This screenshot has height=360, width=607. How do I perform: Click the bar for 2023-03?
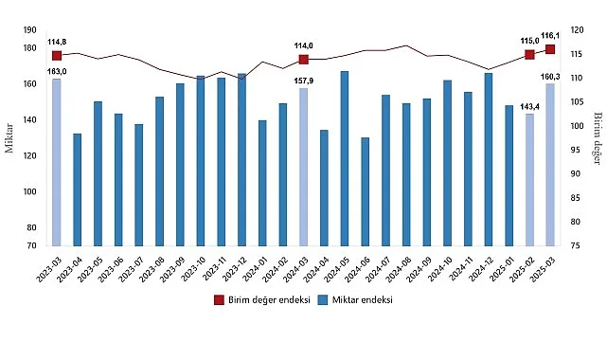point(57,162)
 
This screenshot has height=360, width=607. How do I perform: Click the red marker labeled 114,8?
point(57,56)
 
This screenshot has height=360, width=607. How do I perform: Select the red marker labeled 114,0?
point(304,59)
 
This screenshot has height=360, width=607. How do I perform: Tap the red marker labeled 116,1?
point(550,49)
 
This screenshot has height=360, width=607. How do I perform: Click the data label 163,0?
point(57,71)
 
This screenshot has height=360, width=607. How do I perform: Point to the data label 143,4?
point(529,106)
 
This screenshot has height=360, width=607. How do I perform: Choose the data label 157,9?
point(304,81)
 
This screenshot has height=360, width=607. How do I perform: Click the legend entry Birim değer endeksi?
point(255,299)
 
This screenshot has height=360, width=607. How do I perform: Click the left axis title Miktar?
point(9,136)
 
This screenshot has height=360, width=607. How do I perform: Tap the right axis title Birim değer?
point(598,137)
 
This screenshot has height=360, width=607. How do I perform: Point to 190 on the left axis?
point(30,30)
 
